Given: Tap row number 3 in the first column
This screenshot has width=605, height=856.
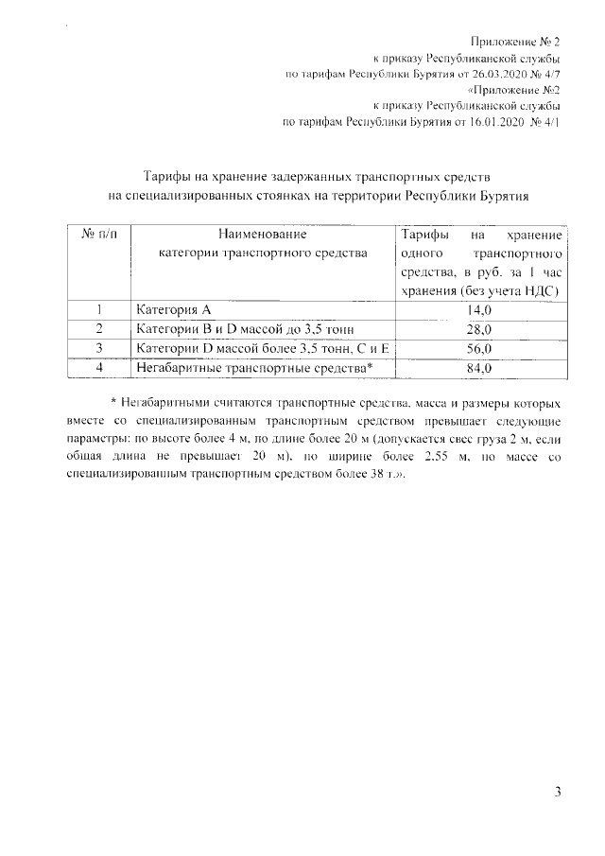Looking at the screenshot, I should [98, 347].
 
